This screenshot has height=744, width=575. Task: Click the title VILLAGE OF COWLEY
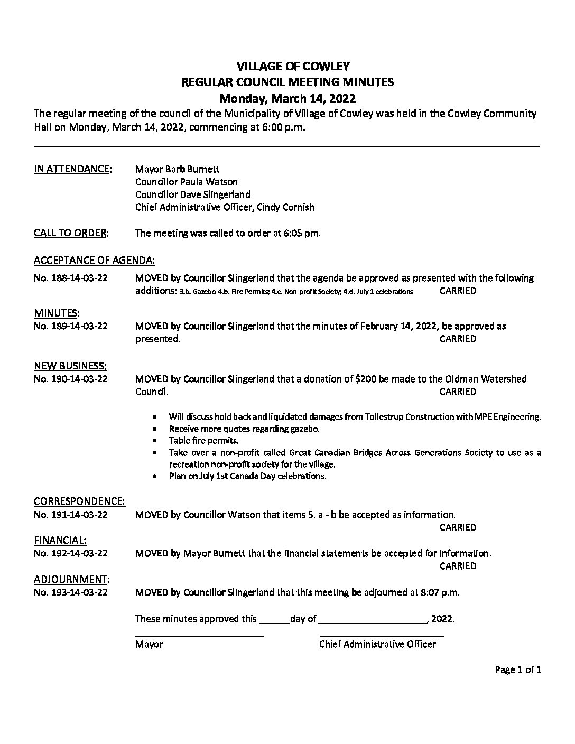(293, 66)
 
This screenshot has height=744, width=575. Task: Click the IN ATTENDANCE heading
(72, 169)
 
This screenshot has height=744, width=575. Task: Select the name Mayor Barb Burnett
(177, 169)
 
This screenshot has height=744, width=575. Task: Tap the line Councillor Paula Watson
(186, 182)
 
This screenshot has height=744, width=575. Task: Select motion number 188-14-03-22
(70, 278)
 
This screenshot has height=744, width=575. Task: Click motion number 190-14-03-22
(70, 379)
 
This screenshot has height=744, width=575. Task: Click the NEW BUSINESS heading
(70, 366)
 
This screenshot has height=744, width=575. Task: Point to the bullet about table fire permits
(203, 440)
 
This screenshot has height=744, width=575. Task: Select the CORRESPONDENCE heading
(79, 501)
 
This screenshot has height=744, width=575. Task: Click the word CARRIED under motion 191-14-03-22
(458, 527)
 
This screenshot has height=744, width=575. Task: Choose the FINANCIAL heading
(60, 540)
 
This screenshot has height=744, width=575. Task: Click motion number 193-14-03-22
(70, 592)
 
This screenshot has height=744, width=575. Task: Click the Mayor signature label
(149, 644)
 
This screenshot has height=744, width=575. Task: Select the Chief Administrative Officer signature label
(377, 644)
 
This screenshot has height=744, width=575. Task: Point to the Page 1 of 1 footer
(518, 670)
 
